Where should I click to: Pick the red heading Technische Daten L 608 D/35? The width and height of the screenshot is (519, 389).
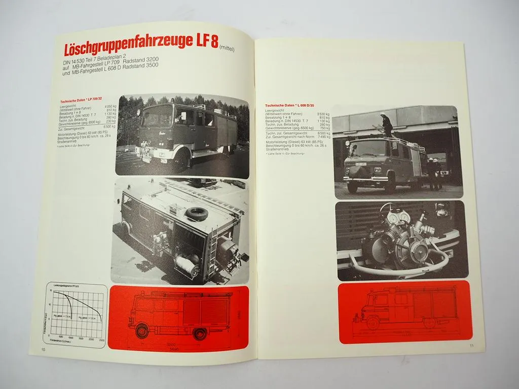point(289,105)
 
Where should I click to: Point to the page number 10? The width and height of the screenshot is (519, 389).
point(44,349)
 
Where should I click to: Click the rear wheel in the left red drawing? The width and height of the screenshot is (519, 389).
point(199,334)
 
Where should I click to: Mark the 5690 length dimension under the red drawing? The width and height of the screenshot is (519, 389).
point(174,349)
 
